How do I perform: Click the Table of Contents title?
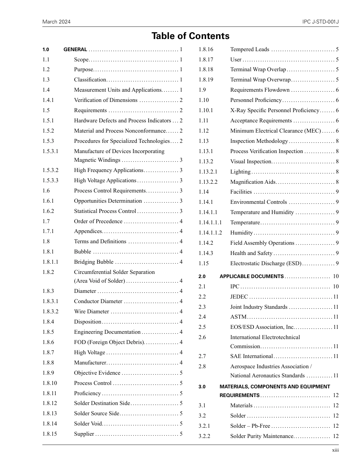coord(190,36)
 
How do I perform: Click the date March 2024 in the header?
coord(56,22)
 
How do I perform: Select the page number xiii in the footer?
coord(335,450)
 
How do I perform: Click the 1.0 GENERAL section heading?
coord(75,50)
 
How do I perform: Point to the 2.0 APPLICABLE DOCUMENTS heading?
coord(252,277)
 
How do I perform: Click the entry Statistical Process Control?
coord(105,211)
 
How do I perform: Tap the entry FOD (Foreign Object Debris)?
coord(109,342)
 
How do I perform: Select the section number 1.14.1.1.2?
coord(210,233)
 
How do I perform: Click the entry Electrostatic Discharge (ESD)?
coord(266,263)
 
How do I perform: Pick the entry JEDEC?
coord(239,297)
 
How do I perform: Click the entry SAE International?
coord(251,356)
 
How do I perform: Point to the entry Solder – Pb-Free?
coord(250,426)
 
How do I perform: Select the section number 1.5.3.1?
coord(50,151)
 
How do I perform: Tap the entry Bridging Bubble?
coord(94,262)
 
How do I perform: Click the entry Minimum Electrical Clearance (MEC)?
coord(275,131)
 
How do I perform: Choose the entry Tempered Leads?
coord(250,49)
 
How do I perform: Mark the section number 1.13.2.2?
coord(208,182)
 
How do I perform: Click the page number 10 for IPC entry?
coord(336,286)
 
